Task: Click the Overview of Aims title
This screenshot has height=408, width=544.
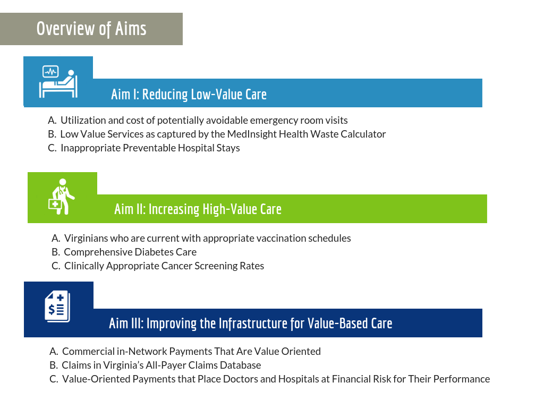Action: coord(91,29)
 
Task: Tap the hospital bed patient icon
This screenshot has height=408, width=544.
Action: coord(58,81)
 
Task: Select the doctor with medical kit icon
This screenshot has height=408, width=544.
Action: coord(62,197)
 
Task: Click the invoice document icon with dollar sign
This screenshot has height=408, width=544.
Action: coord(57,307)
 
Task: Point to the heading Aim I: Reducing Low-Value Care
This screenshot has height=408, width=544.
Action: coord(189,95)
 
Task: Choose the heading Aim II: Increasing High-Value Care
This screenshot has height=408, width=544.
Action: coord(198,209)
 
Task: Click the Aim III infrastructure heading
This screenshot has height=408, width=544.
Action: coord(251,324)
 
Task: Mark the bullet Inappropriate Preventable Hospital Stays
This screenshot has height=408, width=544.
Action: coord(150,148)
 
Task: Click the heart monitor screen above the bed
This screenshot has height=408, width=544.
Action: coord(50,72)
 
